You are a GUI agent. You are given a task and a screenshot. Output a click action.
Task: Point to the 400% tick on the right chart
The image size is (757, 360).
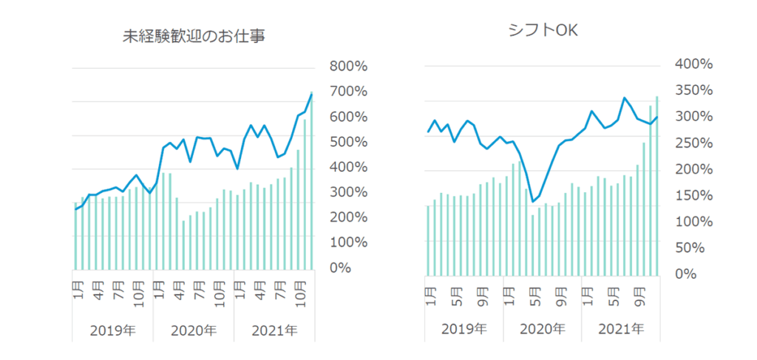[693, 64]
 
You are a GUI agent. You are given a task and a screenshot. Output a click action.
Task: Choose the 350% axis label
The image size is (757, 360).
[693, 91]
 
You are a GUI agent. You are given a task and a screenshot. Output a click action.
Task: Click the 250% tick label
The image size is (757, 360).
[693, 143]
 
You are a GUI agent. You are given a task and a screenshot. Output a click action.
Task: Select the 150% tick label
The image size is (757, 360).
[693, 196]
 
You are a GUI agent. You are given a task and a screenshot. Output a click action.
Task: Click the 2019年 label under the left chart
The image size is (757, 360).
[112, 330]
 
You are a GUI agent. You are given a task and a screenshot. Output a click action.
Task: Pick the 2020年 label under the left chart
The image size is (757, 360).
[194, 330]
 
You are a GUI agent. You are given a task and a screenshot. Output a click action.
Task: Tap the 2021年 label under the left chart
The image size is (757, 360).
[274, 330]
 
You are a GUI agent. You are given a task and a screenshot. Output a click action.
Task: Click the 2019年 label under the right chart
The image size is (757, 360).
[464, 327]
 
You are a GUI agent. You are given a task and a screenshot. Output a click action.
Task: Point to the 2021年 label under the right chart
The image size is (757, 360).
[620, 327]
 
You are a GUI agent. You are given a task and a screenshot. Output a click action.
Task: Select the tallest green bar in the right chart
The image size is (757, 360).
[656, 185]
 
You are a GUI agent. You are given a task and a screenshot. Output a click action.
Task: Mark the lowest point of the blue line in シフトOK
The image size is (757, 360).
[533, 201]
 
